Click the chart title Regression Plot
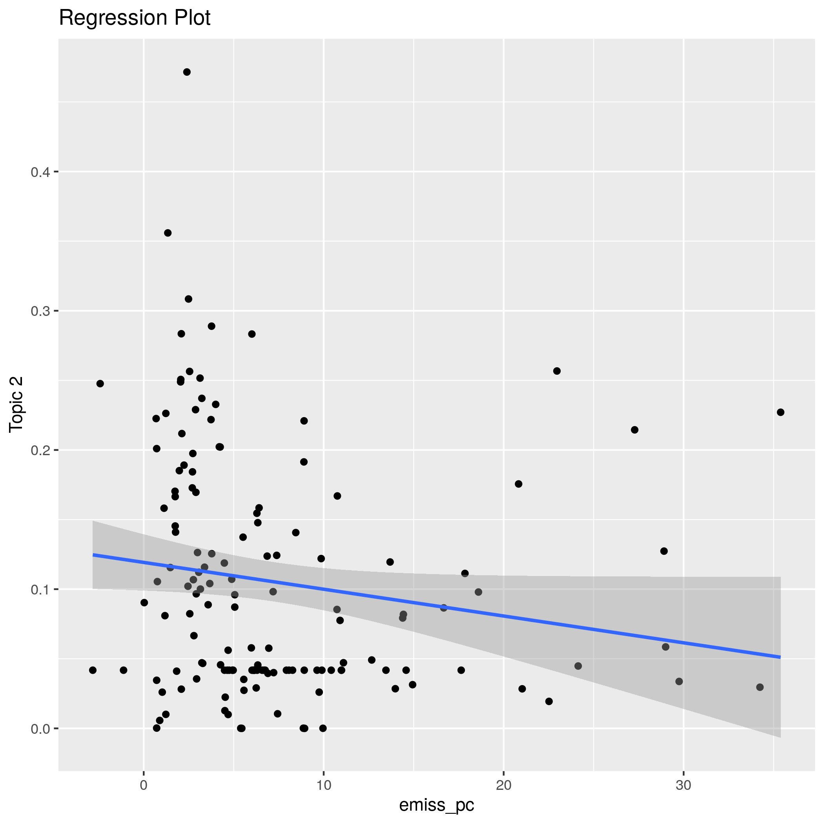(134, 18)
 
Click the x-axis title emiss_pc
(436, 804)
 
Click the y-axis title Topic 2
(16, 405)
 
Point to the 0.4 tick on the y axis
(40, 172)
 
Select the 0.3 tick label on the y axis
(40, 311)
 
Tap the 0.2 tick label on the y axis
(40, 450)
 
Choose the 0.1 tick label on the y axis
(40, 589)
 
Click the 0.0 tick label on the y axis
(40, 729)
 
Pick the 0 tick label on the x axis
(144, 786)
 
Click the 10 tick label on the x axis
(324, 786)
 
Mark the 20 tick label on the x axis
(504, 786)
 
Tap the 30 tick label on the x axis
(683, 786)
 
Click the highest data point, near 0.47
(187, 72)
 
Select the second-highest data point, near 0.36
(168, 233)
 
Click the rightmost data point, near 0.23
(780, 412)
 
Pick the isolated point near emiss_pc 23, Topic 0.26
(556, 371)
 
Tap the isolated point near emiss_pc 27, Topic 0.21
(634, 430)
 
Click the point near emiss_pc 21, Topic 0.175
(519, 484)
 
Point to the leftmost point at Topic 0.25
(100, 383)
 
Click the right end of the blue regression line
(780, 657)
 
